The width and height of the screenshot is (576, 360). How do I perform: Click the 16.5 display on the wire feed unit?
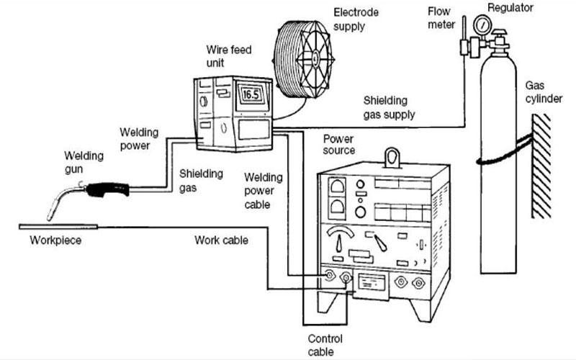(251, 94)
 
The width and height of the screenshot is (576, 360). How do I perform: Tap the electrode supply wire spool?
(303, 60)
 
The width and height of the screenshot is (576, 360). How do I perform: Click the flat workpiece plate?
(58, 227)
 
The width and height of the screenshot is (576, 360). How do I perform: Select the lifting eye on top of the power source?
(392, 158)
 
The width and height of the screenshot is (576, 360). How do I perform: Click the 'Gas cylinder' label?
(544, 92)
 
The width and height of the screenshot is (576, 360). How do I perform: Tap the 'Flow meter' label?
(441, 18)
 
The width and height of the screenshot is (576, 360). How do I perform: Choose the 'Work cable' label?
(221, 240)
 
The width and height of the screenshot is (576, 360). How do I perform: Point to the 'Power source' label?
(339, 145)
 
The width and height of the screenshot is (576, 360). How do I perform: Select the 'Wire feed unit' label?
(229, 56)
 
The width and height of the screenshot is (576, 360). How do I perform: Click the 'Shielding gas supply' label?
(389, 107)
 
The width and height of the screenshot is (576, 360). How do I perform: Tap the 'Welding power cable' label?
(264, 191)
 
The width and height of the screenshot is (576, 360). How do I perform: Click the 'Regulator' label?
(510, 8)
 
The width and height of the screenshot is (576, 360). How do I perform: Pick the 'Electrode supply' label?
(356, 19)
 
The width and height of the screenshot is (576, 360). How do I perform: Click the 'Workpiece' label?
(55, 240)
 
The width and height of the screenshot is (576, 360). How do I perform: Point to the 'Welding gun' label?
(84, 162)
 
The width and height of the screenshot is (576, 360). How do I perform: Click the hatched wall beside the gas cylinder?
(541, 166)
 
